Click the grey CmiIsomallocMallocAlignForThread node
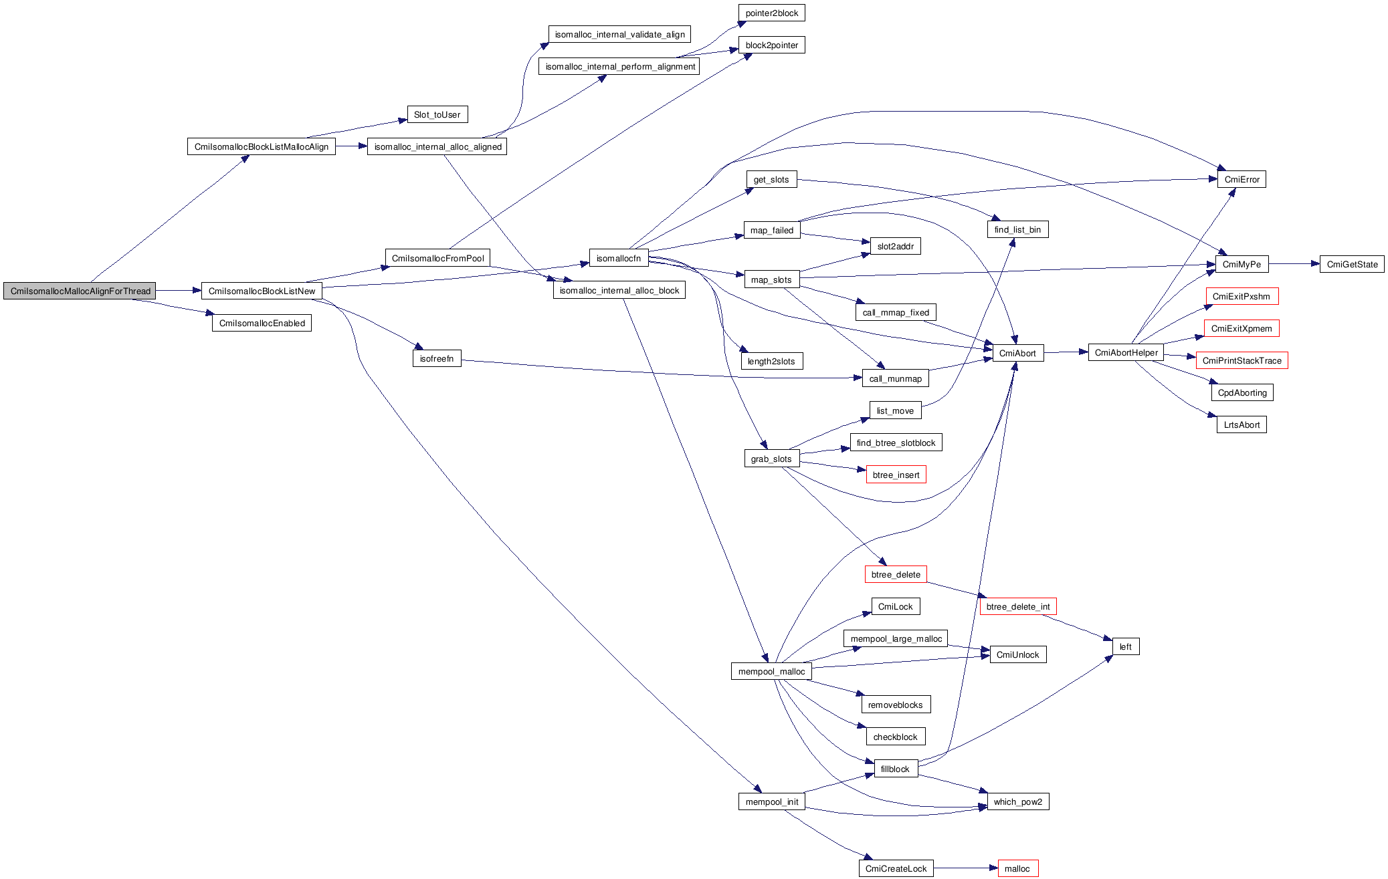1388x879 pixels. point(80,291)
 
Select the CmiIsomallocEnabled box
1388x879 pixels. point(262,324)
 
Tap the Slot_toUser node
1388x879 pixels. point(437,115)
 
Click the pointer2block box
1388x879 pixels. point(771,13)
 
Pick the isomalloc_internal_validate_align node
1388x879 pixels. point(619,35)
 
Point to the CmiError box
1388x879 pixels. point(1242,180)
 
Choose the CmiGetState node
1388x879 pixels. point(1352,265)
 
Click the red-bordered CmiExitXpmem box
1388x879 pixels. point(1242,329)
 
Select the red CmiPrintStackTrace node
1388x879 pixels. point(1242,361)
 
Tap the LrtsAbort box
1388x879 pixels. point(1242,425)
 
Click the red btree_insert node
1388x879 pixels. point(896,475)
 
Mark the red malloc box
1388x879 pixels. point(1017,869)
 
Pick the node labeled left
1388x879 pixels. point(1126,647)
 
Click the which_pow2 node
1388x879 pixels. point(1017,802)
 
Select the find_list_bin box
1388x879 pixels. point(1017,230)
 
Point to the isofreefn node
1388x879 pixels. point(437,359)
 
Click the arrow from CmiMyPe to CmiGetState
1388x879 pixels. point(1294,264)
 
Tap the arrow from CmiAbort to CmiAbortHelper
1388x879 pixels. point(1066,352)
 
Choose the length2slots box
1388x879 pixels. point(771,362)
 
